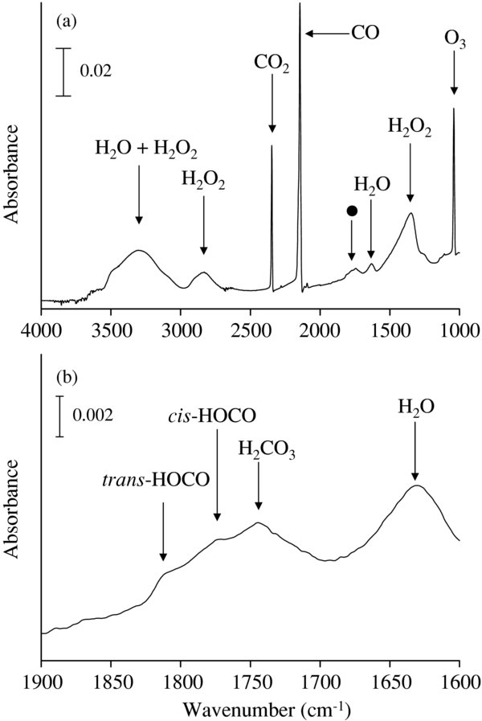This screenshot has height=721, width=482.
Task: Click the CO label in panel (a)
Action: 365,33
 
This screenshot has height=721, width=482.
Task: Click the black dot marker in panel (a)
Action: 351,211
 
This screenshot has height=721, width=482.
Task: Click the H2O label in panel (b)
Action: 415,408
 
